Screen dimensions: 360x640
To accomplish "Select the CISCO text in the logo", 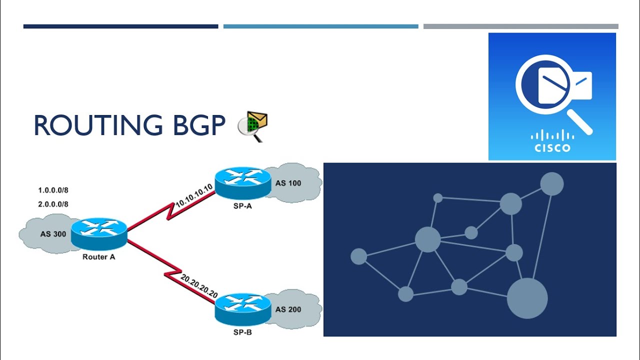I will (x=552, y=148).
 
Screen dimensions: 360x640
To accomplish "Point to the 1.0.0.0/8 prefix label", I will (x=53, y=190).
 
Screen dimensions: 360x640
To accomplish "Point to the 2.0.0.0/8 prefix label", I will (x=53, y=204).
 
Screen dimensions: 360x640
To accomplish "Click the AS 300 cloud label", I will (x=53, y=234).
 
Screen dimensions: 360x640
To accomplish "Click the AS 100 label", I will (x=288, y=183).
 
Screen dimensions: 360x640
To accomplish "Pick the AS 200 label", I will (x=288, y=309).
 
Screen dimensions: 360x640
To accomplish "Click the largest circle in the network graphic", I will (x=527, y=298).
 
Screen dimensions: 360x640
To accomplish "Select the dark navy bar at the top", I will (x=120, y=26).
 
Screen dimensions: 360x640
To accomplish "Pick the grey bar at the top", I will (x=520, y=26).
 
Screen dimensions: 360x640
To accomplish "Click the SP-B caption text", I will (x=242, y=332).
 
